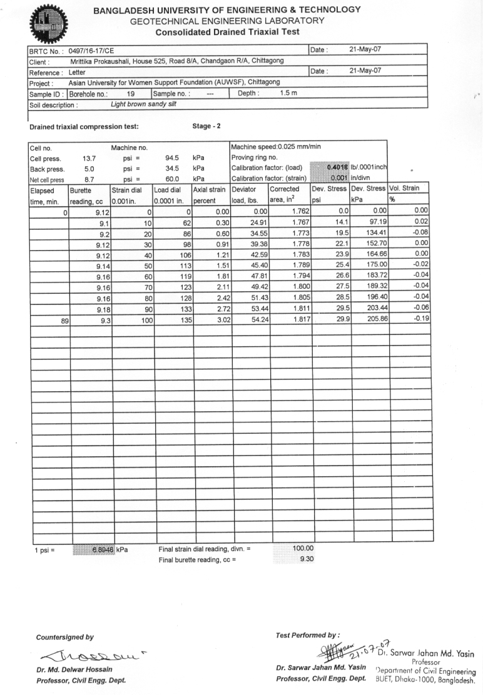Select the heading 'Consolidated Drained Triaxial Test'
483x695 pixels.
tap(227, 32)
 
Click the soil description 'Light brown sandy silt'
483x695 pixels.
tap(143, 104)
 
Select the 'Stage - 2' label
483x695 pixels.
tap(207, 126)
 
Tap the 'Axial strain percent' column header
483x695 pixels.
tap(211, 194)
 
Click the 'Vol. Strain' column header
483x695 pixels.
tap(407, 188)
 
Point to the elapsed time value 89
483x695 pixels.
tap(63, 319)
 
